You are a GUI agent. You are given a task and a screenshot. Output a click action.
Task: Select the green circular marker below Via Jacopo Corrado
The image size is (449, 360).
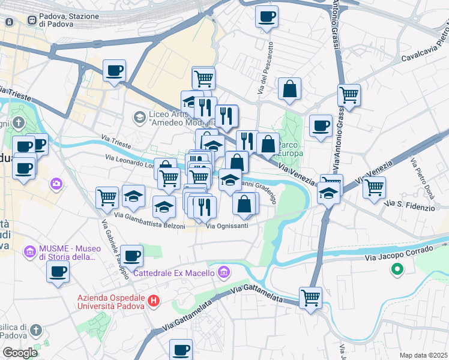click(396, 270)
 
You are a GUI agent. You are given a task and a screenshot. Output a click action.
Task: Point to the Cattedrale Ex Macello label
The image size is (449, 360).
click(173, 273)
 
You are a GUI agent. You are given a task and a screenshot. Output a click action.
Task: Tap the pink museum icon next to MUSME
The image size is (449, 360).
click(29, 251)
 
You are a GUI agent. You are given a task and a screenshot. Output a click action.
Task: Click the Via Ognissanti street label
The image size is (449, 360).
click(227, 226)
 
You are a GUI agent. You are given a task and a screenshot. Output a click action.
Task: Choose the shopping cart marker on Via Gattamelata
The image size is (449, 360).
click(310, 297)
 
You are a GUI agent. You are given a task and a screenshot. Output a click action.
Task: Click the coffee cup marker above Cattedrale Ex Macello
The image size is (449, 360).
click(131, 255)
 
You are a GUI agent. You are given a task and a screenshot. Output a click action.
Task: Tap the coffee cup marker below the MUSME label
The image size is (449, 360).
click(58, 271)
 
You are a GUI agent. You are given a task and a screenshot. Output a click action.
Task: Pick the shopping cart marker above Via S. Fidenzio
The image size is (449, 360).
click(374, 187)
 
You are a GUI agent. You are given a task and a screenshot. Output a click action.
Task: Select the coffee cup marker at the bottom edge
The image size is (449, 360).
click(181, 349)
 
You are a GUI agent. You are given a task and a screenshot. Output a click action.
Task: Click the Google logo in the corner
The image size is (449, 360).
click(19, 353)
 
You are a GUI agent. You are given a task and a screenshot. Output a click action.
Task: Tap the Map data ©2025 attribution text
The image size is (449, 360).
click(423, 355)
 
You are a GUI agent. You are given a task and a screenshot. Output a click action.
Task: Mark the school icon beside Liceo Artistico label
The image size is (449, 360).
click(139, 116)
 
